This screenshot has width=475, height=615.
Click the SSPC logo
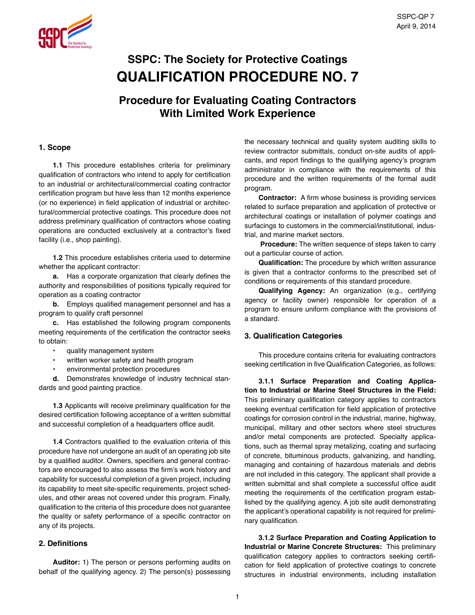[65, 32]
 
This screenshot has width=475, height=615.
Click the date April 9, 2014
[415, 26]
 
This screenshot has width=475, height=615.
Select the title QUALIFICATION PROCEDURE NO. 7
[237, 77]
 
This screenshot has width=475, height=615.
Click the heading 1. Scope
[54, 147]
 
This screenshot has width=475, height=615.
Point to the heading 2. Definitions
[63, 543]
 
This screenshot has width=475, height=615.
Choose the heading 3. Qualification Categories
[293, 336]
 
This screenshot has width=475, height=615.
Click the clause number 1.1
[57, 165]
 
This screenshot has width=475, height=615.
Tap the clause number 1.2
[57, 257]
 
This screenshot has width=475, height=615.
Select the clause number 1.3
[57, 405]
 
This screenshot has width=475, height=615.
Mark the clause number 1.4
[57, 441]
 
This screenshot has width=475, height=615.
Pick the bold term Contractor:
[277, 197]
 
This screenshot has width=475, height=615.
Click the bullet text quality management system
[110, 350]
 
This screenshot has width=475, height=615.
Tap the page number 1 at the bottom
[237, 596]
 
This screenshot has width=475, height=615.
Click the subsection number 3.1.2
[268, 537]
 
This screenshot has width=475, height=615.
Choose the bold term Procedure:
[279, 244]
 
